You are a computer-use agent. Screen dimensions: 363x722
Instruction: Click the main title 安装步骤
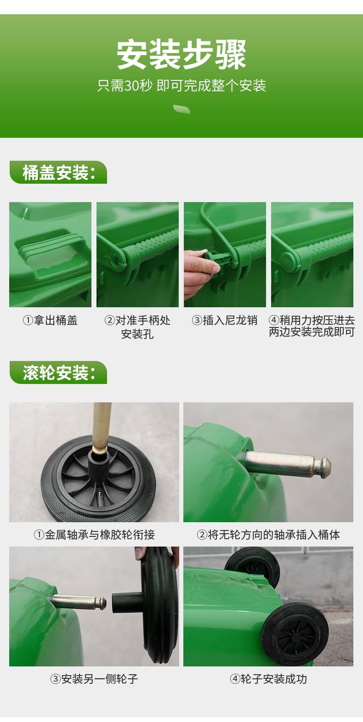(x=181, y=55)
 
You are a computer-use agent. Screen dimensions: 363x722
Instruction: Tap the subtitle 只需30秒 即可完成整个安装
(x=181, y=85)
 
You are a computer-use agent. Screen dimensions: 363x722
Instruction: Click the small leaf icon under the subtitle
(x=182, y=109)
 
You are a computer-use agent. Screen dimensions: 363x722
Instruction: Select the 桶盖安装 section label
(x=58, y=172)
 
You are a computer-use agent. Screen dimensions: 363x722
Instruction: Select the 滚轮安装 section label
(x=58, y=372)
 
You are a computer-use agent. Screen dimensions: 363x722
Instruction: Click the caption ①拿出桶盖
(x=50, y=321)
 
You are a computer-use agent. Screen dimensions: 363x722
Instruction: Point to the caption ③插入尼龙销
(x=225, y=321)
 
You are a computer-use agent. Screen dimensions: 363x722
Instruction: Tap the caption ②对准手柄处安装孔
(x=137, y=327)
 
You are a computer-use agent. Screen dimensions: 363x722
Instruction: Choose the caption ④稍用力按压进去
(x=312, y=321)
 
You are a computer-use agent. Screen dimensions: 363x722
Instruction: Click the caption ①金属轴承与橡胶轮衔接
(x=94, y=535)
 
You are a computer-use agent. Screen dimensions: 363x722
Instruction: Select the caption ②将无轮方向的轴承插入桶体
(x=268, y=535)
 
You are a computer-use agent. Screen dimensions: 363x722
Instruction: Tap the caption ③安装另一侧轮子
(x=94, y=679)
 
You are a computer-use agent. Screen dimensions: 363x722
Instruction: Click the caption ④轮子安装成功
(x=268, y=679)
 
